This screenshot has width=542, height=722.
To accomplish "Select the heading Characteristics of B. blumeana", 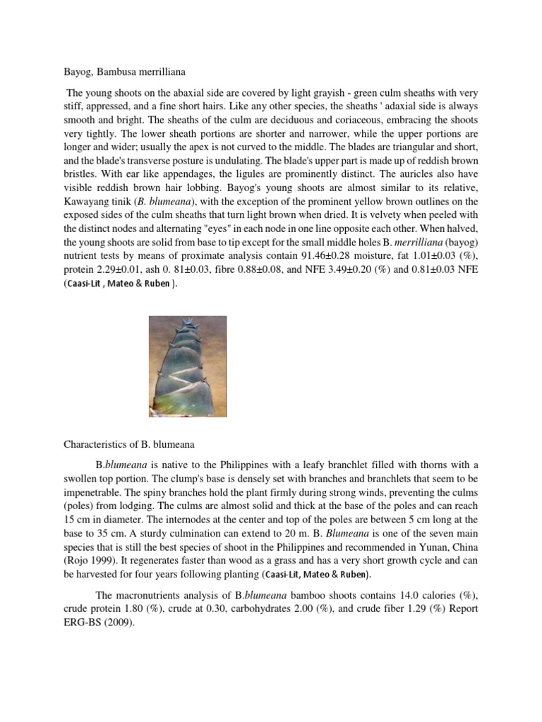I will (128, 444).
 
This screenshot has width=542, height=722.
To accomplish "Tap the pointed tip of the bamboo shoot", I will (188, 323).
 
